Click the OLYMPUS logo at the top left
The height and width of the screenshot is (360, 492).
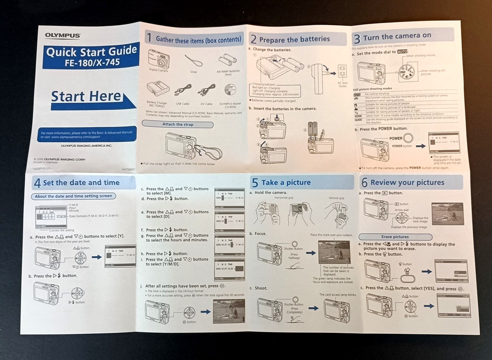click(x=63, y=34)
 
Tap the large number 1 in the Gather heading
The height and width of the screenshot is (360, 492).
click(x=149, y=38)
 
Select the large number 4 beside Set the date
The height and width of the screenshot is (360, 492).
click(x=37, y=183)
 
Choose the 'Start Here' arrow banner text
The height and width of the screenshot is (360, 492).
click(x=86, y=97)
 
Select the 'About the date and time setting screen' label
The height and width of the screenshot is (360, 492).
click(x=73, y=196)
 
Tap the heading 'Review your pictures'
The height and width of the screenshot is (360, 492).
click(x=409, y=182)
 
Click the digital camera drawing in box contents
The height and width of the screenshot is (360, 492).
click(x=158, y=59)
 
